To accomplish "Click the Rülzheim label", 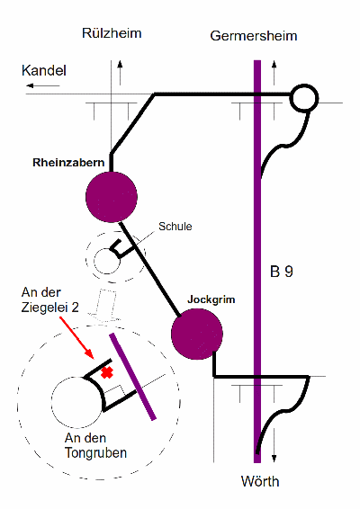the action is [x=112, y=33].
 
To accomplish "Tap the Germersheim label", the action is [x=254, y=36].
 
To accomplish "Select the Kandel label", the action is [x=44, y=70].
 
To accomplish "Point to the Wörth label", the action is [x=260, y=481].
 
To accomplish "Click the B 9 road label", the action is [x=282, y=272].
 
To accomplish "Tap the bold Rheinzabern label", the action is [x=68, y=162].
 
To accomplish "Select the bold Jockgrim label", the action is [x=211, y=299].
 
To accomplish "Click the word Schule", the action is [x=175, y=227].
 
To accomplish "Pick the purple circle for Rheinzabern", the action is [x=112, y=197].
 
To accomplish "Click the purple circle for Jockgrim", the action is [x=197, y=334].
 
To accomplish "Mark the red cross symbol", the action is [x=107, y=372].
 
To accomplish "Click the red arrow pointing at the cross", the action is [x=76, y=338].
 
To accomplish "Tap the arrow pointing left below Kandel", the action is [x=43, y=85].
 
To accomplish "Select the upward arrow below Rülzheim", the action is [x=121, y=73].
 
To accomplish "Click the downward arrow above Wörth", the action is [x=274, y=445].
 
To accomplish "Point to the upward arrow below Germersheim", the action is [x=274, y=73].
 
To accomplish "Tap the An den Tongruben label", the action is [x=95, y=445].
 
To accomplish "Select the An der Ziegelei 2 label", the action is [x=50, y=299].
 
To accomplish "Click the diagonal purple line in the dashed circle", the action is [x=133, y=377].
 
